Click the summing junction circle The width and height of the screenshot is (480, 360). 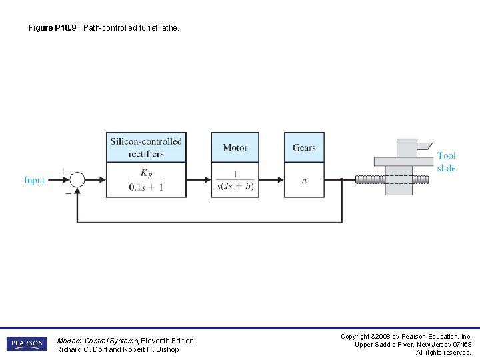77,179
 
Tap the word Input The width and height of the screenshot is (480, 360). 34,180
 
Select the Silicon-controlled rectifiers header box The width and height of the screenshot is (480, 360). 146,147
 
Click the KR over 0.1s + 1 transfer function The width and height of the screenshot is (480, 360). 146,180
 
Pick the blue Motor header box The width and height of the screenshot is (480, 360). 235,147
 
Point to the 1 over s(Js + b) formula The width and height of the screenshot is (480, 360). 235,180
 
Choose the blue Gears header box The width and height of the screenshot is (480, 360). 304,147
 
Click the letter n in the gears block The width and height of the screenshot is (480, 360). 304,181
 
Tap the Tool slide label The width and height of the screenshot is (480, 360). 447,161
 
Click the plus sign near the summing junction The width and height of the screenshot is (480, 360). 63,171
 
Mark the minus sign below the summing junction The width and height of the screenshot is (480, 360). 68,193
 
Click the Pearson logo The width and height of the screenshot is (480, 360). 27,344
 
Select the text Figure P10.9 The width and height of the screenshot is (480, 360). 52,28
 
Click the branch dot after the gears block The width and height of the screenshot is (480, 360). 341,179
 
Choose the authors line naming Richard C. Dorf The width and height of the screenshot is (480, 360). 117,349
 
